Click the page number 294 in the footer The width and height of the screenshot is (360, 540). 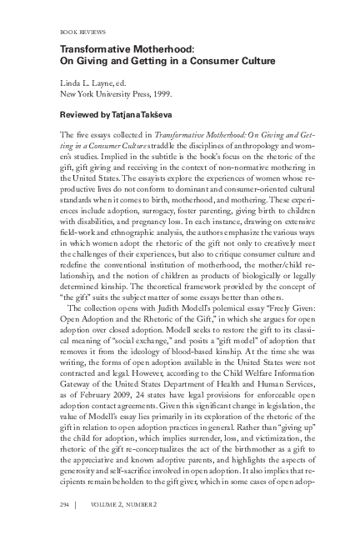click(67, 505)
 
